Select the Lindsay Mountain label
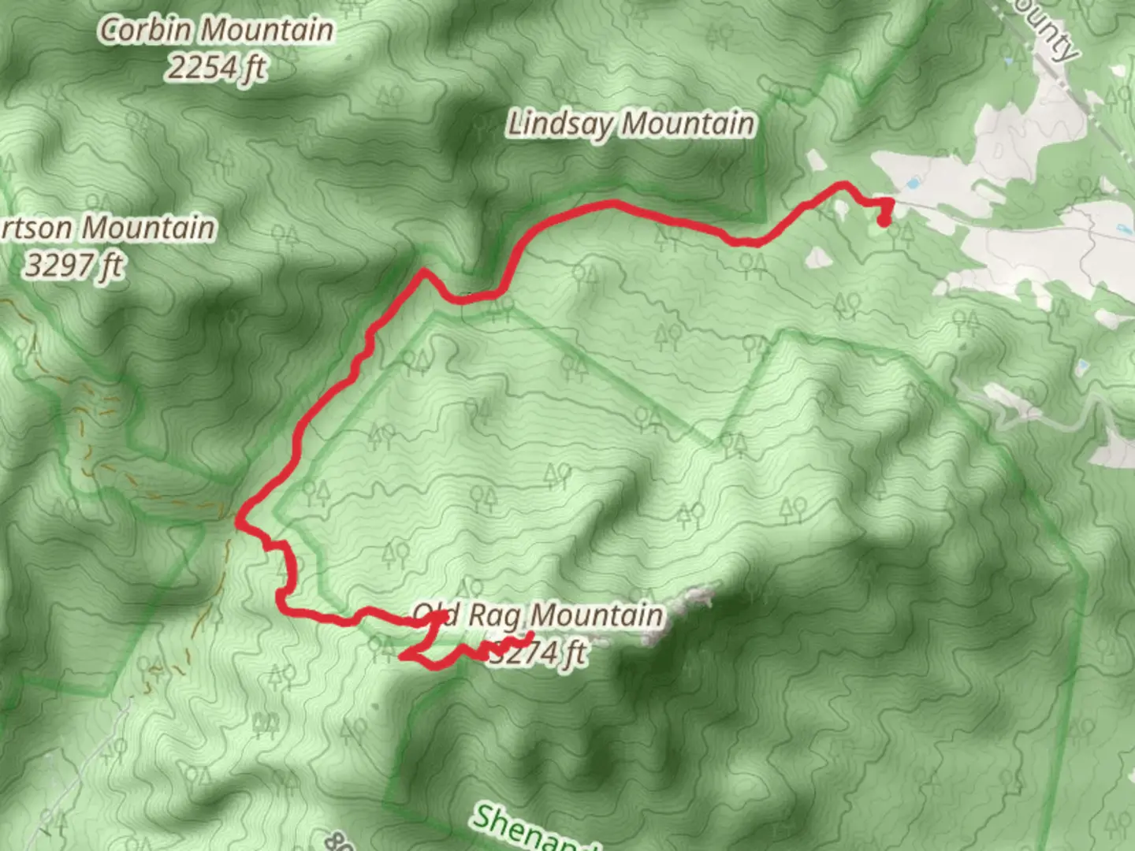point(631,124)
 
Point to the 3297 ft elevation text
point(73,266)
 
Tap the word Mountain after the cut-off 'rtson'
point(149,228)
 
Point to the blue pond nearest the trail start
point(912,184)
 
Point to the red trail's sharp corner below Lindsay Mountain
point(425,271)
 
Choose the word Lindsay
point(561,124)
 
